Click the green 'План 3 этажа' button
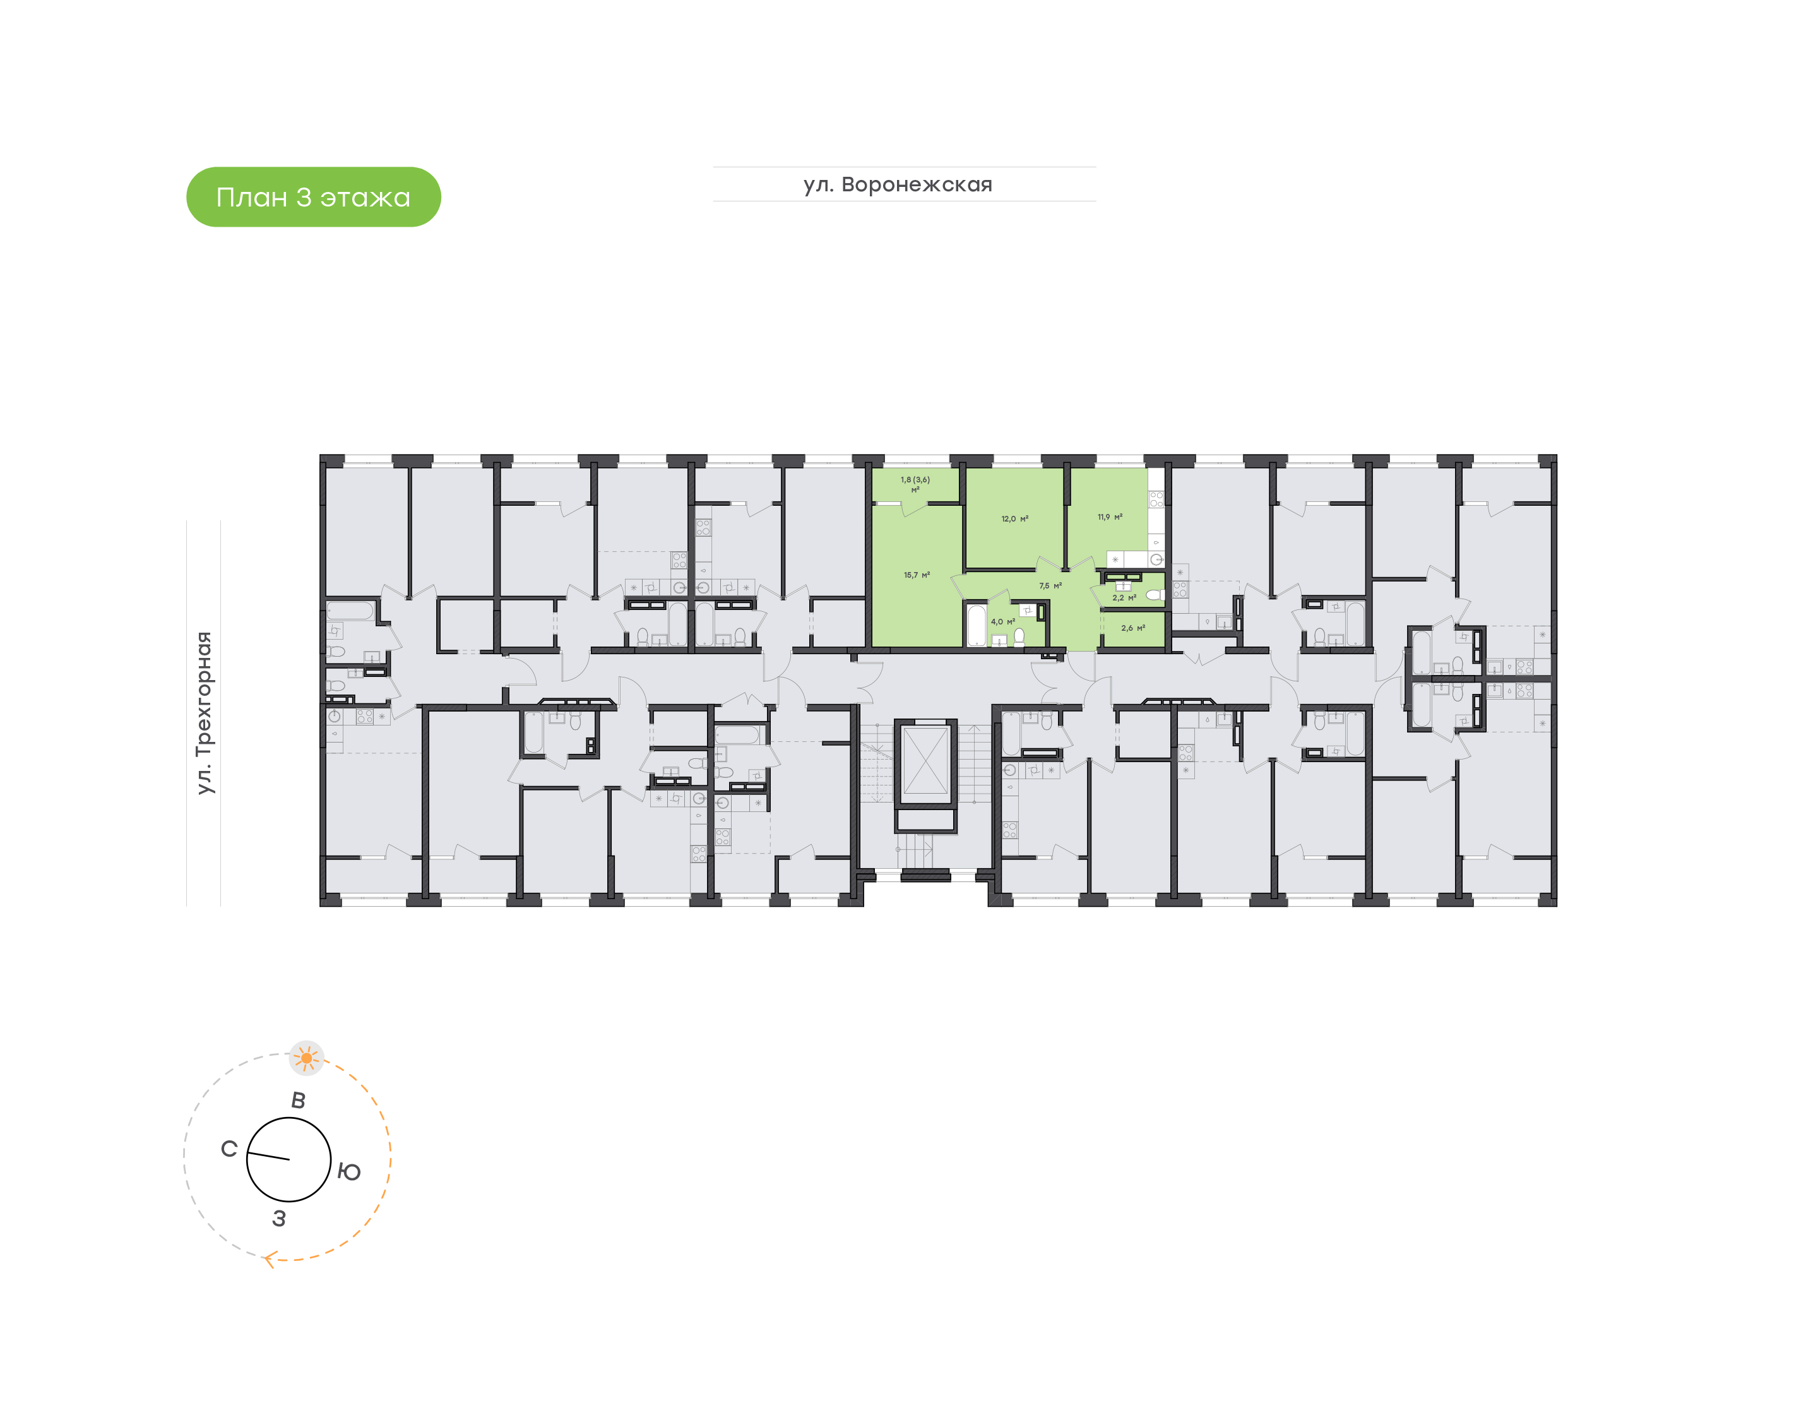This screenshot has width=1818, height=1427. coord(313,197)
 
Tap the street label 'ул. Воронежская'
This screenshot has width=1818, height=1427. coord(898,184)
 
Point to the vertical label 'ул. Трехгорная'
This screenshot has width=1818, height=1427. coord(204,713)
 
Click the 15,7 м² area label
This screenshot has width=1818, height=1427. coord(916,576)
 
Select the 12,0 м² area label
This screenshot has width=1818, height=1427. coord(1014,519)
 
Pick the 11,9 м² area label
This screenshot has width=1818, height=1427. coord(1110,517)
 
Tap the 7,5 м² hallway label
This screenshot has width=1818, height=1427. coord(1050,586)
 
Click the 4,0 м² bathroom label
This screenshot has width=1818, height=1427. coord(1002,621)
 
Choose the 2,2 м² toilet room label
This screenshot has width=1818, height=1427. coord(1123,598)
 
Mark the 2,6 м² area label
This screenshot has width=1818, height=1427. coord(1132,628)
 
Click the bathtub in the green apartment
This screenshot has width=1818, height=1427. coord(976,625)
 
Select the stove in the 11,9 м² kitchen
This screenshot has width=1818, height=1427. coord(1156,499)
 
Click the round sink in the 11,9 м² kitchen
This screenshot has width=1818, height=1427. coord(1156,559)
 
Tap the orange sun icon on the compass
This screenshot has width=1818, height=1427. coord(307,1058)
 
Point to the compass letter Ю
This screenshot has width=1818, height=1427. coord(349,1172)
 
